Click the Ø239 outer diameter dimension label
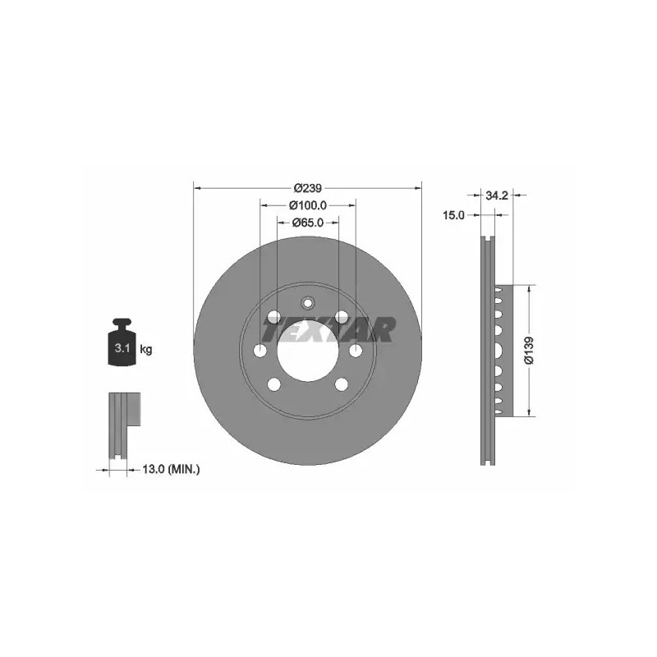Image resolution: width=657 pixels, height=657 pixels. tap(307, 188)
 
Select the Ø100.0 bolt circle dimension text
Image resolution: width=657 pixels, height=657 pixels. tap(307, 205)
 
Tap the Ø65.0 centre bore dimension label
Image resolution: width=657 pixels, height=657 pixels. tap(307, 223)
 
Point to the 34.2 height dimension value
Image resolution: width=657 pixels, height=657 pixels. tap(497, 195)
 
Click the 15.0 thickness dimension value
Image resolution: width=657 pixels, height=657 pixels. tap(454, 215)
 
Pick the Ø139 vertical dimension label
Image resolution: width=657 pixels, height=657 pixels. tap(529, 350)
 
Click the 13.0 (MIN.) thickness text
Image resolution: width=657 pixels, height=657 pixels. tap(171, 470)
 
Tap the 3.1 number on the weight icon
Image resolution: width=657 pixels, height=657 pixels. tap(122, 347)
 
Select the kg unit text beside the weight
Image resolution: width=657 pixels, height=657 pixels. tap(146, 348)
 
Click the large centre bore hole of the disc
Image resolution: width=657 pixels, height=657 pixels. tap(307, 351)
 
